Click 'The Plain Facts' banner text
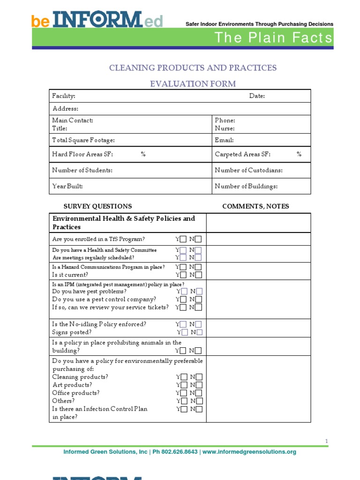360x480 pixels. (274, 37)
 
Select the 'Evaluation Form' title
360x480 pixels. (193, 84)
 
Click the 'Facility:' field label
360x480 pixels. (64, 96)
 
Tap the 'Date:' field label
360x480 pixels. (257, 96)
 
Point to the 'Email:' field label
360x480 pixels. (224, 140)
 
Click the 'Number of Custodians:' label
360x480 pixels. (248, 171)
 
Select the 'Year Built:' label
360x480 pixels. (67, 186)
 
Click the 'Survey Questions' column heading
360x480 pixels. (97, 206)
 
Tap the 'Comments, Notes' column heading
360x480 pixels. (255, 206)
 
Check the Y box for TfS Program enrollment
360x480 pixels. (183, 240)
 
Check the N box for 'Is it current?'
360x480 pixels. (199, 275)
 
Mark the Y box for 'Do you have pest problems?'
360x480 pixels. (185, 292)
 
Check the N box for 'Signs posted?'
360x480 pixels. (200, 332)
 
